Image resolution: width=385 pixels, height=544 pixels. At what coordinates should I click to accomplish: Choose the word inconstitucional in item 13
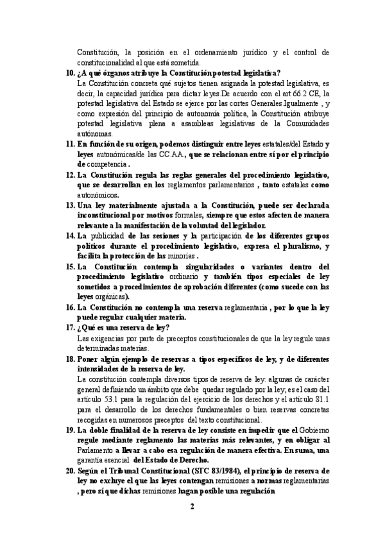[105, 215]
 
